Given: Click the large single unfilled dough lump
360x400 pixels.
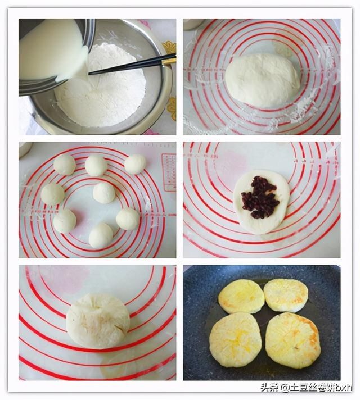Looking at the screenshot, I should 262,80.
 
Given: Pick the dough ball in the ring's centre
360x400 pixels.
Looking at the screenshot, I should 104,193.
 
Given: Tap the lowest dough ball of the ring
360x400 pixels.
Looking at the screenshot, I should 101,235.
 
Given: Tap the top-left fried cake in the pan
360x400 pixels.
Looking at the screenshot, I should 241,296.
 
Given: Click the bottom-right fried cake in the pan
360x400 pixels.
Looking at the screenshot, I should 292,340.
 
